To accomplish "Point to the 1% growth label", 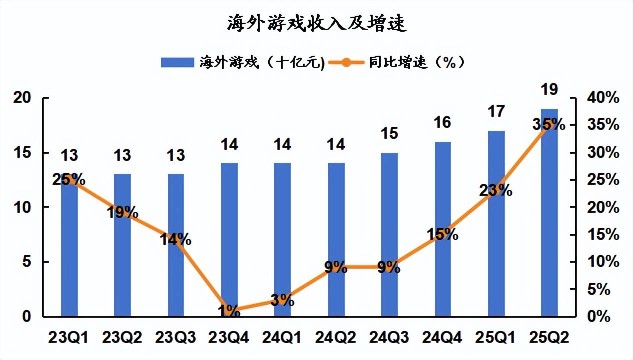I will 229,311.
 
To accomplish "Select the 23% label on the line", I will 495,190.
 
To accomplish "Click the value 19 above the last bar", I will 549,90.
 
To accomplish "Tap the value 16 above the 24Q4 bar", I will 442,122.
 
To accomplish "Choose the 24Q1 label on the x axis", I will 282,338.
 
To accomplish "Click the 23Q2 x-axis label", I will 122,338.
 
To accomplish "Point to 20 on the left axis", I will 23,98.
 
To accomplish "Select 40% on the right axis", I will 603,98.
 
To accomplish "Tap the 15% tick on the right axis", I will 603,235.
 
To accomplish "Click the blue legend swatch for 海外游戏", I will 177,62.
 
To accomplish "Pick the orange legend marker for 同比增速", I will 347,62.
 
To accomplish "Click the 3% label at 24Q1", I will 282,300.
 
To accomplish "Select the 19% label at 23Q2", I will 122,212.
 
